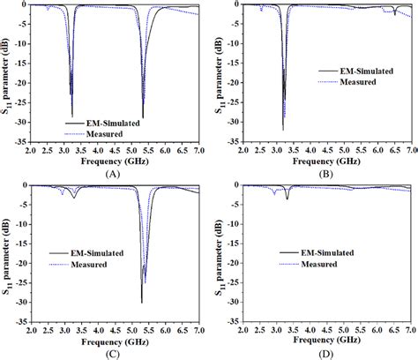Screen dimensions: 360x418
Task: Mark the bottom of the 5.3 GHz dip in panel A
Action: pos(143,117)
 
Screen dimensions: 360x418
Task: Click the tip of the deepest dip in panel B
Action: pos(283,130)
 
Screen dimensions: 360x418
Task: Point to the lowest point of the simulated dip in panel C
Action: pos(141,303)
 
